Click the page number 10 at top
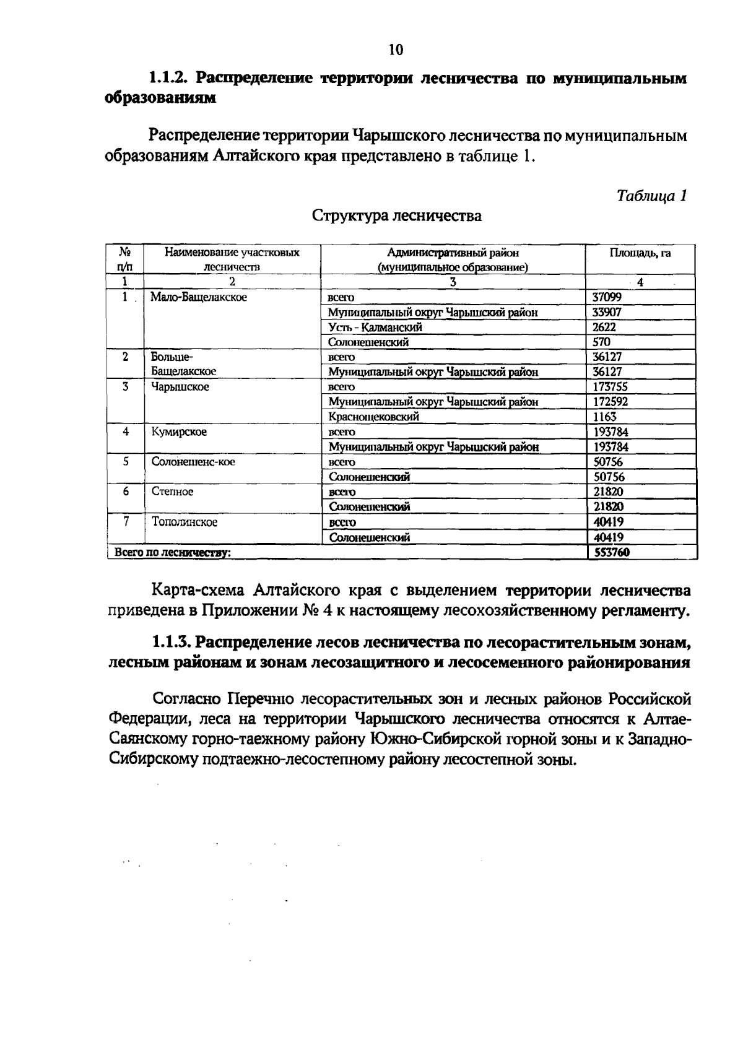(396, 50)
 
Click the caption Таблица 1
(652, 196)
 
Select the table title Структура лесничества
(396, 216)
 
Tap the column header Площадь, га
(640, 253)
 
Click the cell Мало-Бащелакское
(199, 297)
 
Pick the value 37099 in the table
(607, 297)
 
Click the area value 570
(601, 342)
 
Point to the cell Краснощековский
(374, 417)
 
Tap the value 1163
(604, 417)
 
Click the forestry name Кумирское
(179, 432)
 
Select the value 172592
(610, 402)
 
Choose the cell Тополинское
(185, 522)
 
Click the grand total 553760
(612, 552)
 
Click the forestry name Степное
(173, 492)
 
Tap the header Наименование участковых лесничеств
(232, 259)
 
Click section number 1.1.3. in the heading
(173, 643)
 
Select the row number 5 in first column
(126, 462)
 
